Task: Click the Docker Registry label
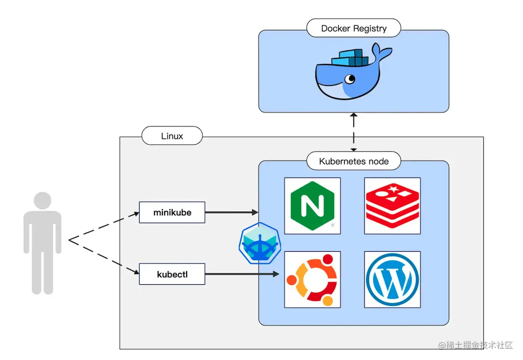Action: point(354,28)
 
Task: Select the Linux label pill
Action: point(172,136)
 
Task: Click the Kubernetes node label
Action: point(353,161)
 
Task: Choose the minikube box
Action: point(172,212)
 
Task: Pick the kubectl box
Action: point(172,274)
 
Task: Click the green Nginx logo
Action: point(312,205)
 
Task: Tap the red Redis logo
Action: point(392,205)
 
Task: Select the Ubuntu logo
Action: point(312,279)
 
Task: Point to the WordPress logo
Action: point(392,279)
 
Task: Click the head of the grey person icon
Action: point(42,201)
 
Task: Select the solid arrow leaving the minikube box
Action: point(231,212)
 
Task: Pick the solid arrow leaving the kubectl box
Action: point(243,274)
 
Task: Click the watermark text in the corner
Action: point(475,346)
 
